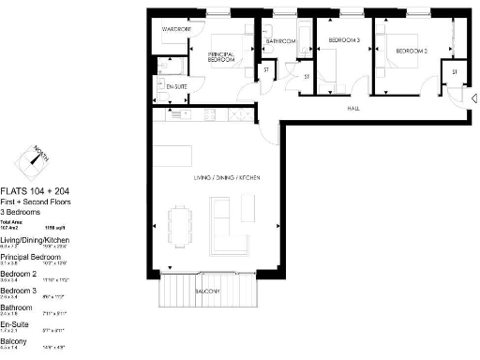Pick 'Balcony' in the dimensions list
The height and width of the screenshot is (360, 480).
(14, 342)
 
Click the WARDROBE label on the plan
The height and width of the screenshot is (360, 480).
(176, 30)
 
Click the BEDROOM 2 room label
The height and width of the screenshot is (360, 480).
(411, 51)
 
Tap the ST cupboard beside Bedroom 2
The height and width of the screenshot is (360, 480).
(455, 72)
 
